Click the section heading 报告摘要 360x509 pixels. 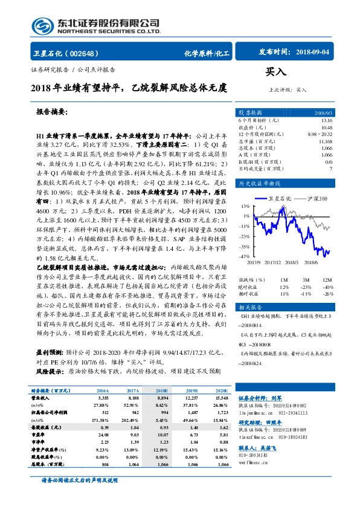pos(53,112)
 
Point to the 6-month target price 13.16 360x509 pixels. pos(327,120)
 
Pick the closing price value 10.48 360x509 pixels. pos(327,127)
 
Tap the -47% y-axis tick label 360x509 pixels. pos(245,256)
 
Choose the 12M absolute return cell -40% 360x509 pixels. pos(327,287)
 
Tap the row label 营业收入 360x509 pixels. pos(42,400)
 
